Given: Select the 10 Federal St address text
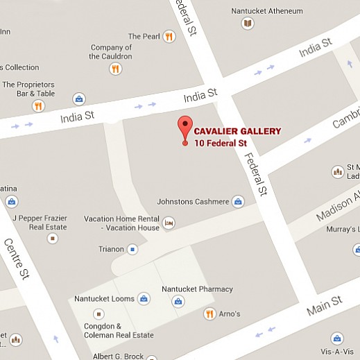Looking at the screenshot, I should tap(220, 144).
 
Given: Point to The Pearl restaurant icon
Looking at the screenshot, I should tap(169, 36).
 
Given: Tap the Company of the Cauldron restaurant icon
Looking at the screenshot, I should tap(115, 69).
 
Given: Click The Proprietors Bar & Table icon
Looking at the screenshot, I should tap(39, 106).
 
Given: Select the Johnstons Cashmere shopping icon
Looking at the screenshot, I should tap(238, 202).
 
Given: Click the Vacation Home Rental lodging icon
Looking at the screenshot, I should tap(169, 223).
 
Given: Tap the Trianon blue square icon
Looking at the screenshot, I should tap(132, 249).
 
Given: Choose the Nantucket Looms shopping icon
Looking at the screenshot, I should tap(144, 299).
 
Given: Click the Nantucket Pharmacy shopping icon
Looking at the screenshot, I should tap(178, 301).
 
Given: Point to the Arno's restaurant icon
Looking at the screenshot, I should tap(209, 314).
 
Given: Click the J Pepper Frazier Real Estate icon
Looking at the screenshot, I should tap(52, 238).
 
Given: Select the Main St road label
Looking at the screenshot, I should tap(326, 305).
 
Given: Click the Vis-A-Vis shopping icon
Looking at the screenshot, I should tap(337, 338).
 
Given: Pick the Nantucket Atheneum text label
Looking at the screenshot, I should tap(268, 11).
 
